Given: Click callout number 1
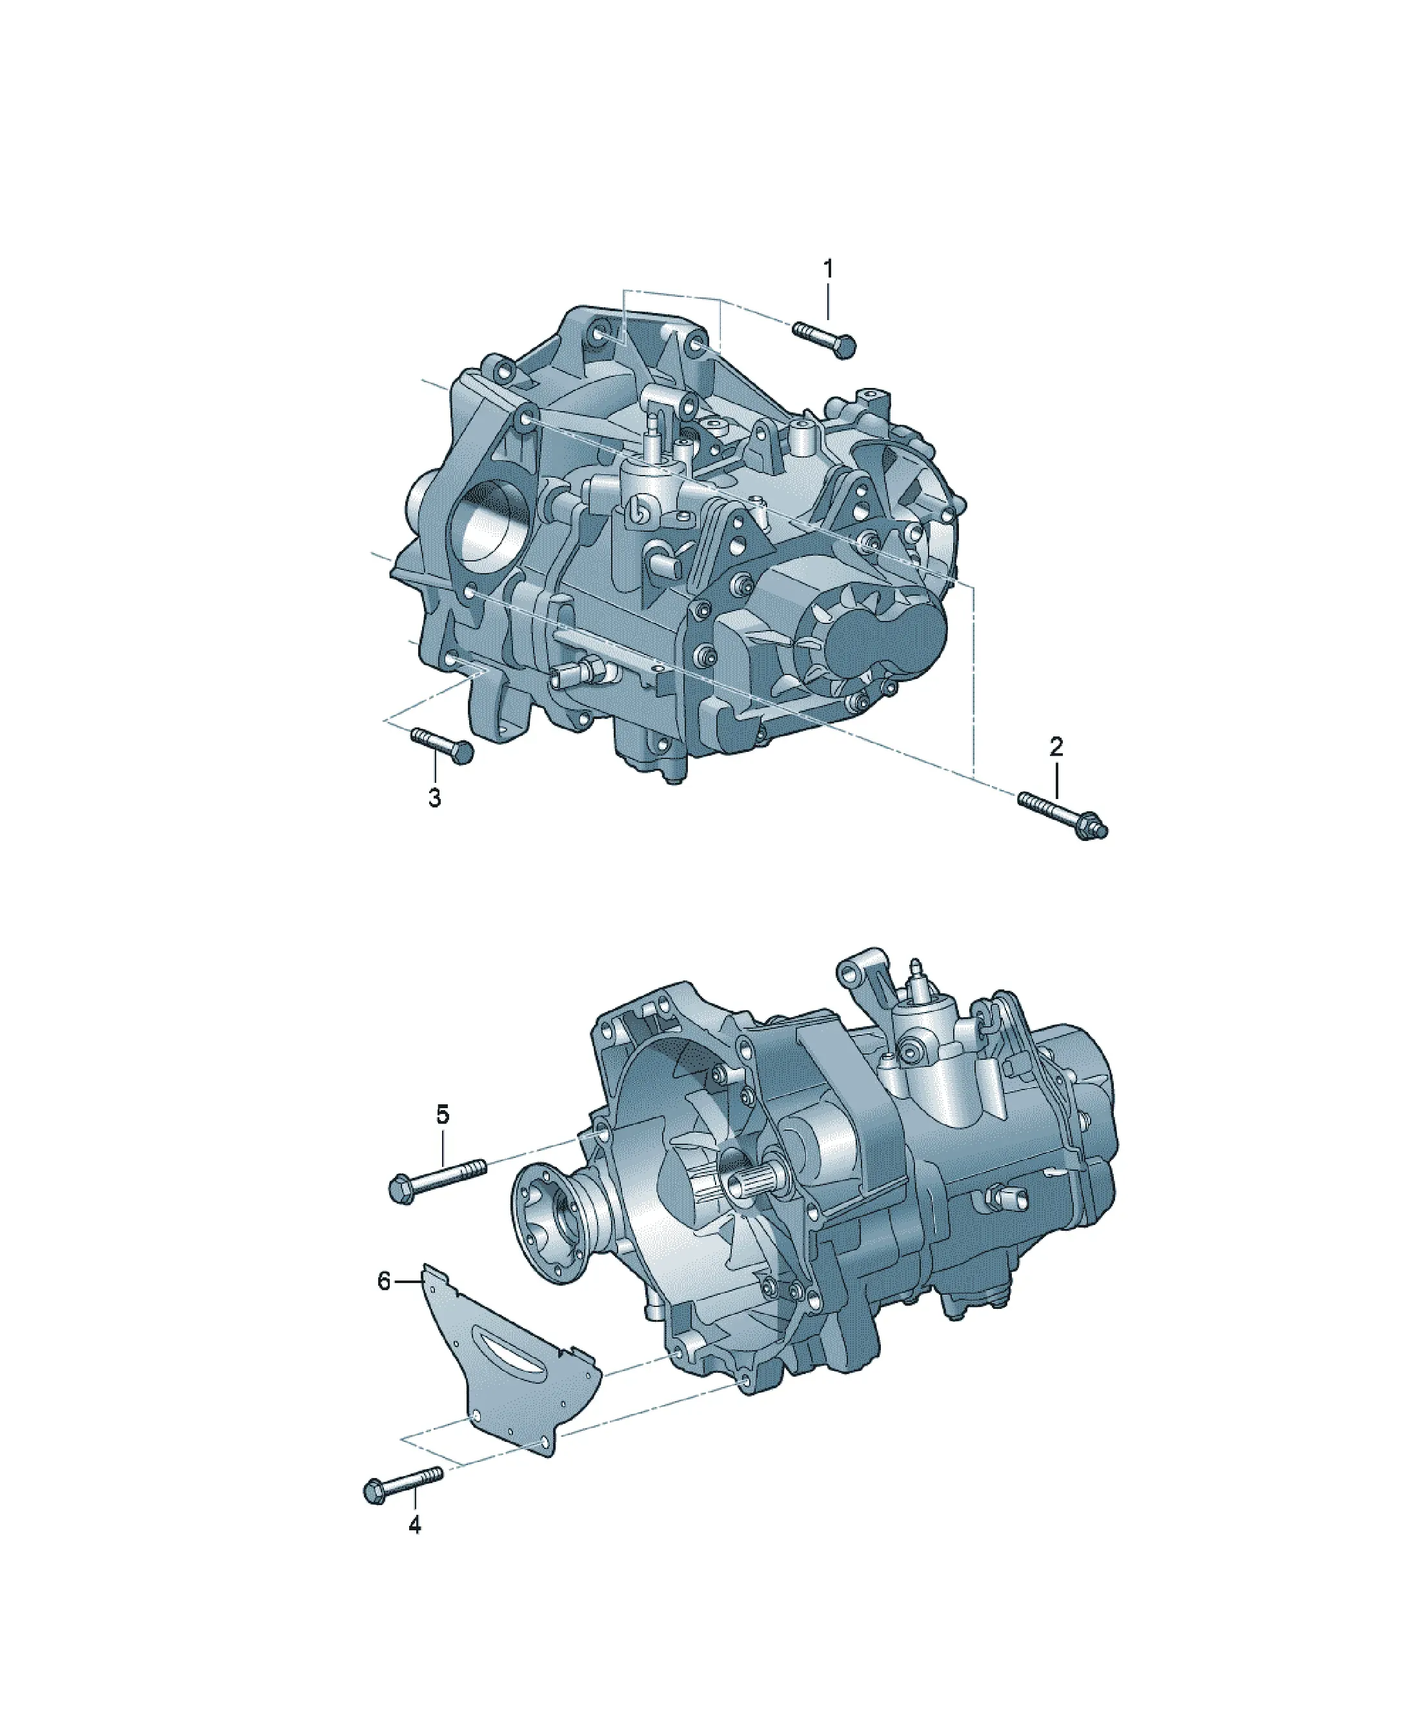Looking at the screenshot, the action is click(828, 269).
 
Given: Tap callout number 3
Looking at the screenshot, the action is click(434, 798).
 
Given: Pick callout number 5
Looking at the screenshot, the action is click(443, 1115).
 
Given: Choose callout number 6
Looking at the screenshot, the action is click(385, 1282).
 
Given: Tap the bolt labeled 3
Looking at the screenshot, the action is click(441, 745).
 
